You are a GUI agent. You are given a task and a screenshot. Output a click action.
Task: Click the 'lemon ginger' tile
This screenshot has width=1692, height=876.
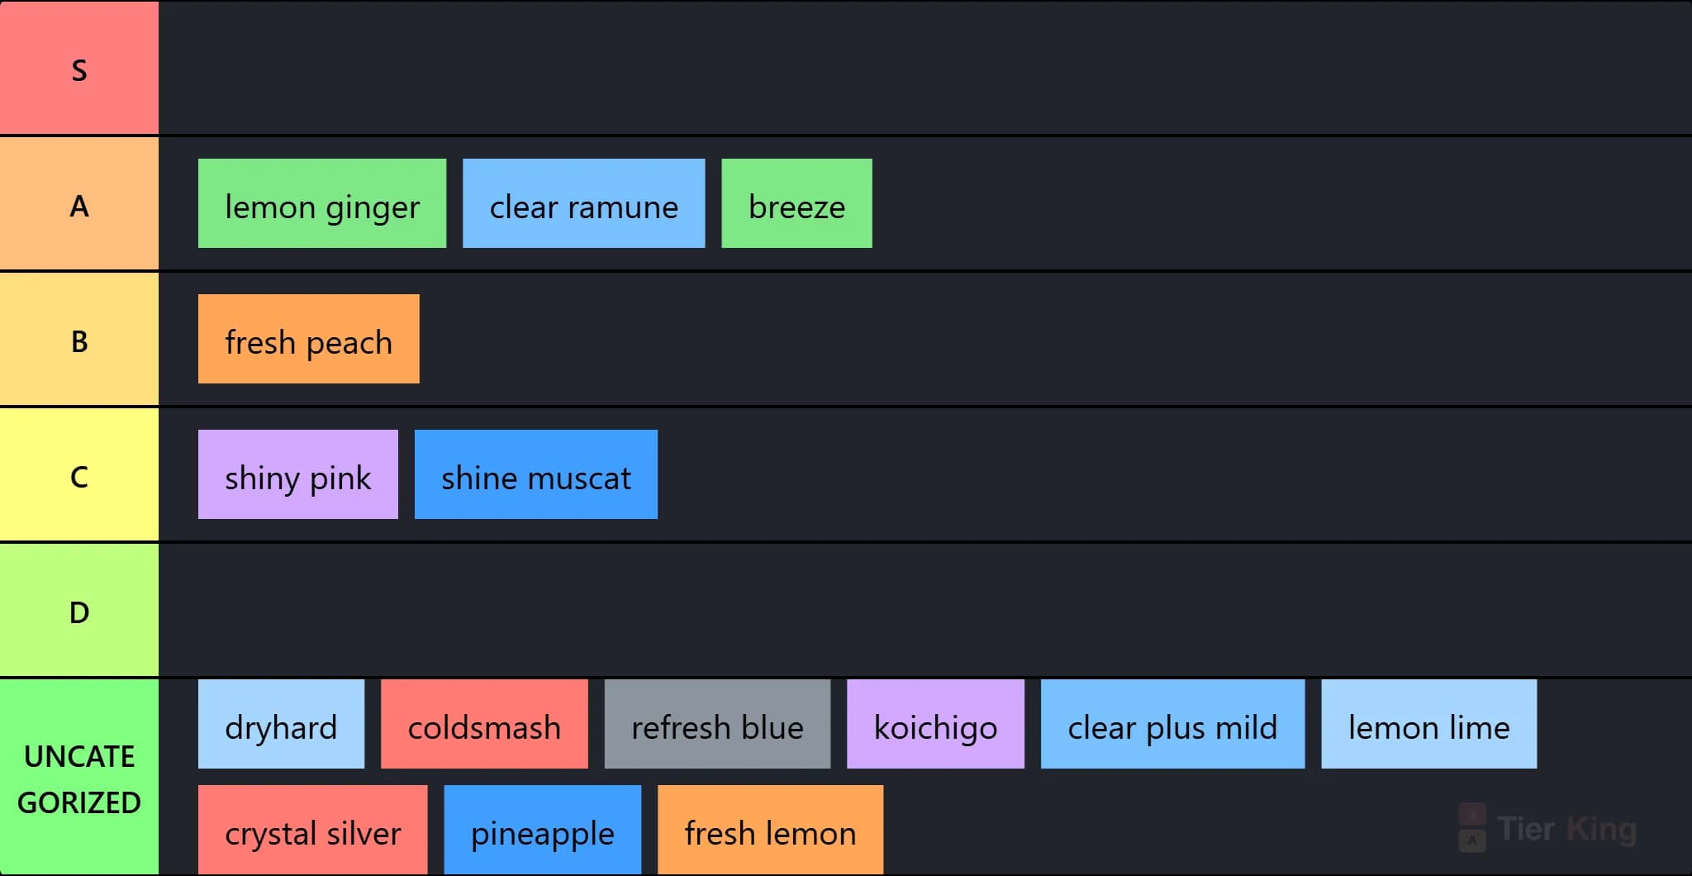(322, 203)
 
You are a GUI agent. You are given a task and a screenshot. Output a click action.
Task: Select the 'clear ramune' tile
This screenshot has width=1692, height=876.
(584, 203)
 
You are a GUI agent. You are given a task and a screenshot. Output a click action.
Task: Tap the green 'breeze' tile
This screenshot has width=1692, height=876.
(796, 203)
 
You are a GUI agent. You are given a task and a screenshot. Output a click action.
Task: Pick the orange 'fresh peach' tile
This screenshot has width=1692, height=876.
(309, 339)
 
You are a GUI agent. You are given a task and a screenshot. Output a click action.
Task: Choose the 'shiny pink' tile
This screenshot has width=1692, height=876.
(298, 474)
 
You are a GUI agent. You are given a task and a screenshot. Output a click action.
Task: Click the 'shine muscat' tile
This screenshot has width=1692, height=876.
(536, 474)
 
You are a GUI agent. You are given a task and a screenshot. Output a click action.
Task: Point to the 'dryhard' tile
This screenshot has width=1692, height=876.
(281, 724)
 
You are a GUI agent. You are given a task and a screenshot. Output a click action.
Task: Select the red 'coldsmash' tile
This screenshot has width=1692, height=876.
(484, 724)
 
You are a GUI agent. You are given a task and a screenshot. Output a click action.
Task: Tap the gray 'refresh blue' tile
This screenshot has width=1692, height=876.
(717, 724)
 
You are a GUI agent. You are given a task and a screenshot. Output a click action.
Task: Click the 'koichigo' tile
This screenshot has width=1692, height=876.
(935, 724)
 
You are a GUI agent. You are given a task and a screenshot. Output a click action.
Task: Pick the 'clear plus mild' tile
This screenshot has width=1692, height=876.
(1173, 724)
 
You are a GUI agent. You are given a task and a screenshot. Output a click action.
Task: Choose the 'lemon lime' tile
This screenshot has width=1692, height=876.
(1429, 724)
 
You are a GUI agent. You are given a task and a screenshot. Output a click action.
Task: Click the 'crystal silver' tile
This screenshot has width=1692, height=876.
(313, 830)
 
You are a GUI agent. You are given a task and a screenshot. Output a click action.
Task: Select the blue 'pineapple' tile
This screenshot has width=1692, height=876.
(543, 830)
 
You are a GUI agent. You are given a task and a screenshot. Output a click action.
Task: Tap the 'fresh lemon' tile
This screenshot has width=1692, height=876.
(770, 830)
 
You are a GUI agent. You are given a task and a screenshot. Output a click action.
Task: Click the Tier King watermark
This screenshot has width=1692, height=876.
(1547, 828)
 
